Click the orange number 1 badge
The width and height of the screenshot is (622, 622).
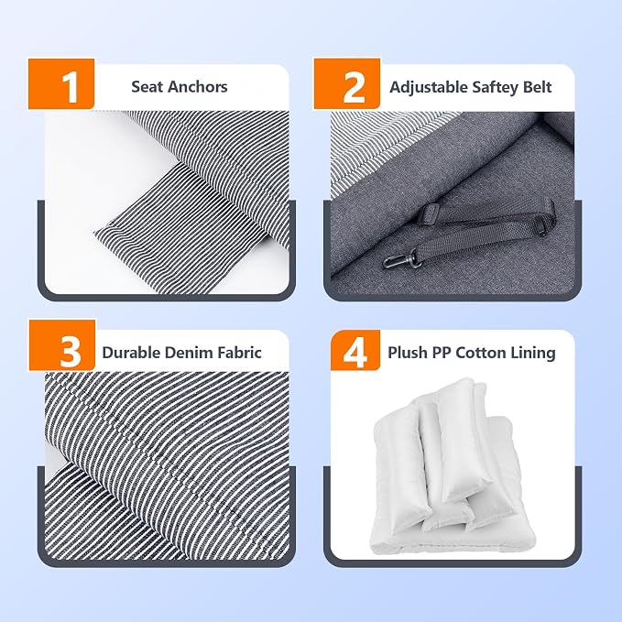click(61, 83)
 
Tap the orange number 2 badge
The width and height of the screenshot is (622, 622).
click(347, 83)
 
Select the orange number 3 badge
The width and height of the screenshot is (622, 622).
click(62, 345)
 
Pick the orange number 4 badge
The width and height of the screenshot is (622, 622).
click(355, 350)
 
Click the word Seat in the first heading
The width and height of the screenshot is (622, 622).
click(145, 87)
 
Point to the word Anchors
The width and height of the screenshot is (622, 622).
click(195, 87)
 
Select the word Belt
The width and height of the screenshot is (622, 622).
click(537, 87)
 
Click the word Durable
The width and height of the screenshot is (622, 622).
click(130, 353)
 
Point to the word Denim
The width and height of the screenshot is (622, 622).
click(184, 353)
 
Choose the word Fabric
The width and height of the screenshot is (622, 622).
click(236, 353)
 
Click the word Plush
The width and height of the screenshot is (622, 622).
click(405, 353)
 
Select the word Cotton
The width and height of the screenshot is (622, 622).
click(479, 353)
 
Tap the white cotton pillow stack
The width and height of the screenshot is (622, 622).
click(453, 468)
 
